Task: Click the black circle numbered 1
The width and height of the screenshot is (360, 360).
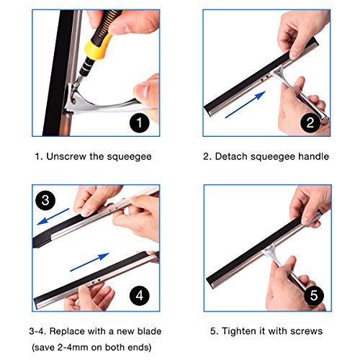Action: pyautogui.click(x=140, y=123)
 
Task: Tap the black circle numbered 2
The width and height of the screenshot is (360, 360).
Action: pyautogui.click(x=310, y=122)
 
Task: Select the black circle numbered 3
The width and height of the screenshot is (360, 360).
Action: pyautogui.click(x=45, y=200)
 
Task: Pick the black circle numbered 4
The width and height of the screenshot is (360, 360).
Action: pyautogui.click(x=140, y=296)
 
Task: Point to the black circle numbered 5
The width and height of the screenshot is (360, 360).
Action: pyautogui.click(x=314, y=295)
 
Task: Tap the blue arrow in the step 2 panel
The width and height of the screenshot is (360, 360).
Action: pyautogui.click(x=246, y=104)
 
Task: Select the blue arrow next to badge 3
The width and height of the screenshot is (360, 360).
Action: pyautogui.click(x=53, y=217)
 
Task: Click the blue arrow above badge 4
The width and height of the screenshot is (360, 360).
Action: pyautogui.click(x=89, y=262)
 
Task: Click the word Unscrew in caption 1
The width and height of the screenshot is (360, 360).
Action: pyautogui.click(x=66, y=156)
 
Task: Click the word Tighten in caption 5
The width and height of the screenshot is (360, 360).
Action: pyautogui.click(x=239, y=331)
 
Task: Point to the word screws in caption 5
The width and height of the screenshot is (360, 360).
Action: pyautogui.click(x=306, y=331)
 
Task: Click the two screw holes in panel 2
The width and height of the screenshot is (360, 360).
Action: pyautogui.click(x=264, y=78)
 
